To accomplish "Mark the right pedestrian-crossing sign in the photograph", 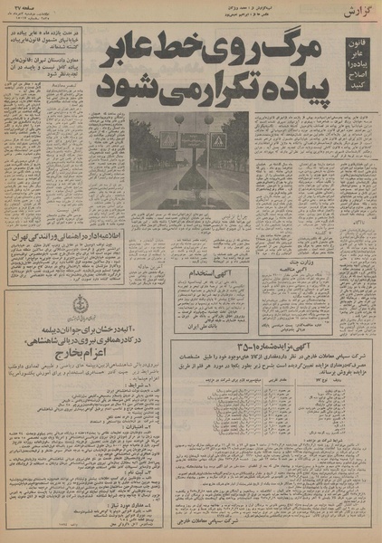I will click(217, 142).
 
